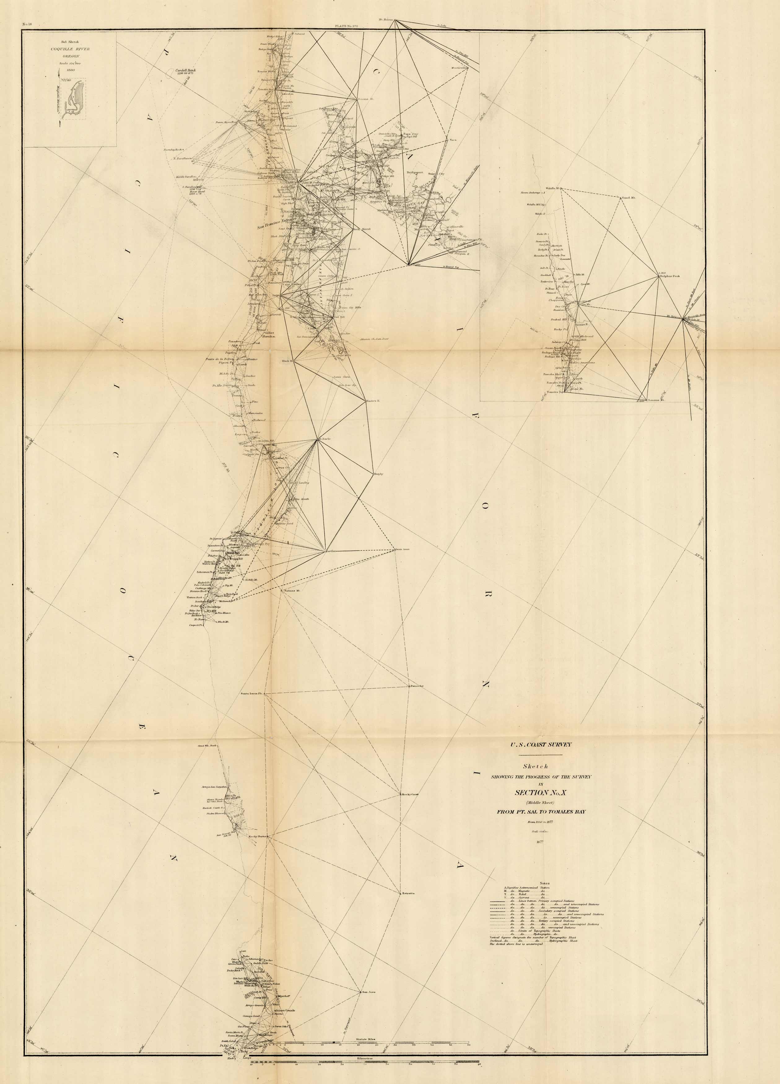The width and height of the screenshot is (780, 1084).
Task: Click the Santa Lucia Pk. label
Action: [x=251, y=693]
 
